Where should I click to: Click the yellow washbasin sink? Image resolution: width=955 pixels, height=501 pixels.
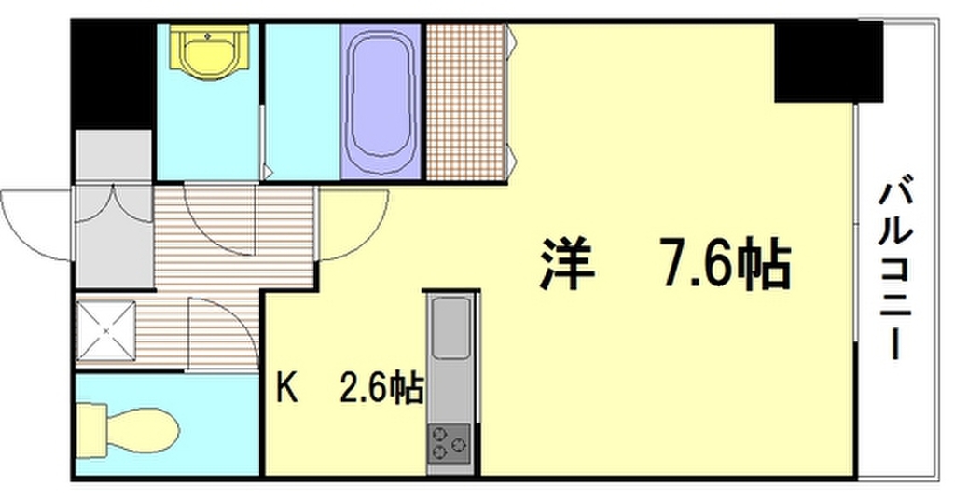click(x=209, y=55)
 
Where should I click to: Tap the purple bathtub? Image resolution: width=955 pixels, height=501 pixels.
click(x=381, y=103)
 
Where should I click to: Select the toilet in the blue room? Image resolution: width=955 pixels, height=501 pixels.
click(x=127, y=430)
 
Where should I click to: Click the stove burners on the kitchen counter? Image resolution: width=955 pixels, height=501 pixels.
click(x=451, y=442)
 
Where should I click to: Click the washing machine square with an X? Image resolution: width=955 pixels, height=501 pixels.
click(x=106, y=330)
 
